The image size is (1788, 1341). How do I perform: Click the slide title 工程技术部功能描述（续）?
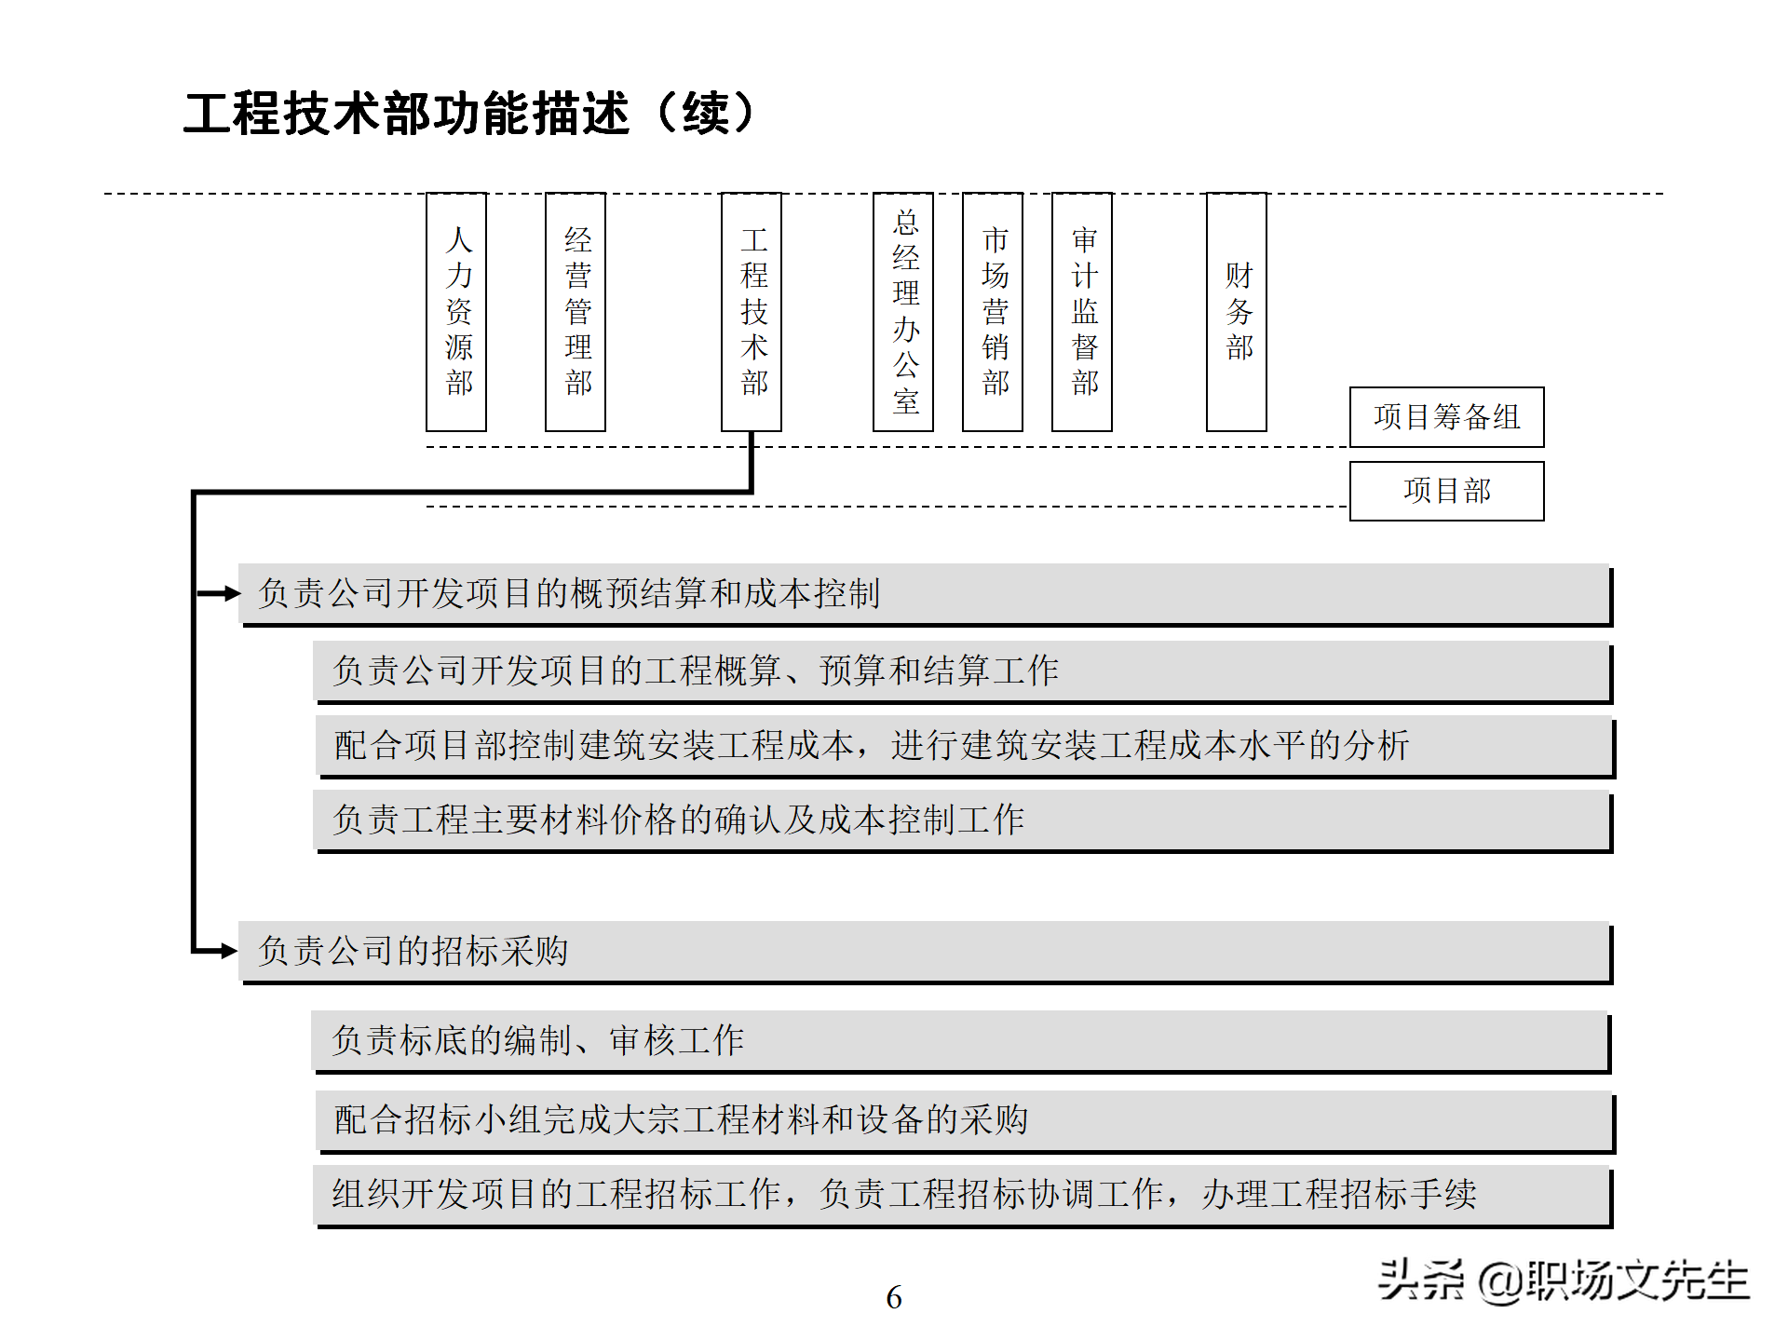[470, 114]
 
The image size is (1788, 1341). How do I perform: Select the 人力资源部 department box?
[456, 312]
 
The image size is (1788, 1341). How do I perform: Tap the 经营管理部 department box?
[576, 312]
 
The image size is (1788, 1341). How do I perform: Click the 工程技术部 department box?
[752, 312]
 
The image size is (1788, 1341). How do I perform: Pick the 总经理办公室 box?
[903, 312]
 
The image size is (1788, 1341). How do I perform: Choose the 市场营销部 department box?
[993, 312]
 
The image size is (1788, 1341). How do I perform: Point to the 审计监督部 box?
[1082, 312]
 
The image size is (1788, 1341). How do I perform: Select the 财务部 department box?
[1237, 312]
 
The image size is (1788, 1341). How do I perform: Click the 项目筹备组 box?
[1446, 417]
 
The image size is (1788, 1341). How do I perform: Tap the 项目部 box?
[1446, 491]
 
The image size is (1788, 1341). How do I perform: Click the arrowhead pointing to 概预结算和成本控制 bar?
[229, 593]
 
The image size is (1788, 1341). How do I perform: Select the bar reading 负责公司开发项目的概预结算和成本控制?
[925, 593]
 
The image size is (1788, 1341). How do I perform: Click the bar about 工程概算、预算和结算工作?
[962, 670]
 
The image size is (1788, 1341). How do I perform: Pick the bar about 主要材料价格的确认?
[962, 820]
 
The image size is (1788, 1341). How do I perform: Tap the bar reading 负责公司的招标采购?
[925, 951]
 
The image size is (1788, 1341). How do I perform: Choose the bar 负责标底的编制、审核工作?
[960, 1040]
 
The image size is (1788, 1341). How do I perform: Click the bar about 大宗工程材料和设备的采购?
[964, 1120]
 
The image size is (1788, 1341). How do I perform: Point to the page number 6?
[894, 1297]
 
